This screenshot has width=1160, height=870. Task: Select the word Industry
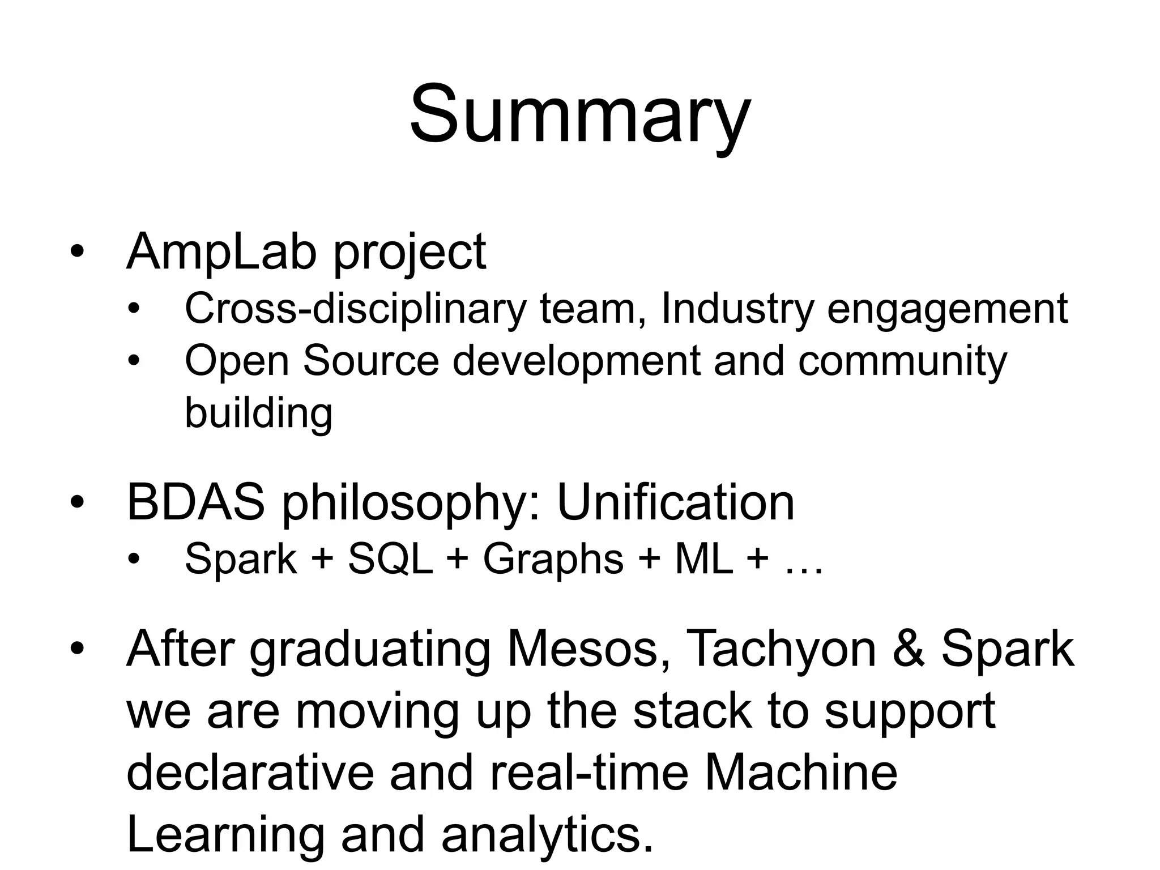click(737, 309)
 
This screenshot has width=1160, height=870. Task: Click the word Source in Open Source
click(371, 361)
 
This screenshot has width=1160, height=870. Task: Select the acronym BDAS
click(195, 502)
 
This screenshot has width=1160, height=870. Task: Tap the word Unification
click(676, 502)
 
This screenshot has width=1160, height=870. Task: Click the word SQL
click(391, 559)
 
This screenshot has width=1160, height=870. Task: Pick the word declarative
click(250, 773)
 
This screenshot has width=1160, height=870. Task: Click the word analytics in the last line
click(547, 836)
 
